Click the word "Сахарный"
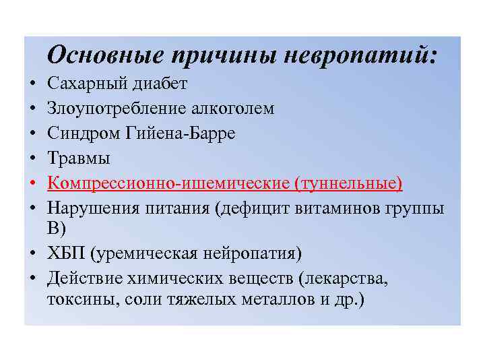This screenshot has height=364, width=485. pyautogui.click(x=83, y=84)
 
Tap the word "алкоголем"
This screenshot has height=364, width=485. pyautogui.click(x=234, y=109)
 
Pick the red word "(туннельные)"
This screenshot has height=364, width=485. pyautogui.click(x=346, y=183)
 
